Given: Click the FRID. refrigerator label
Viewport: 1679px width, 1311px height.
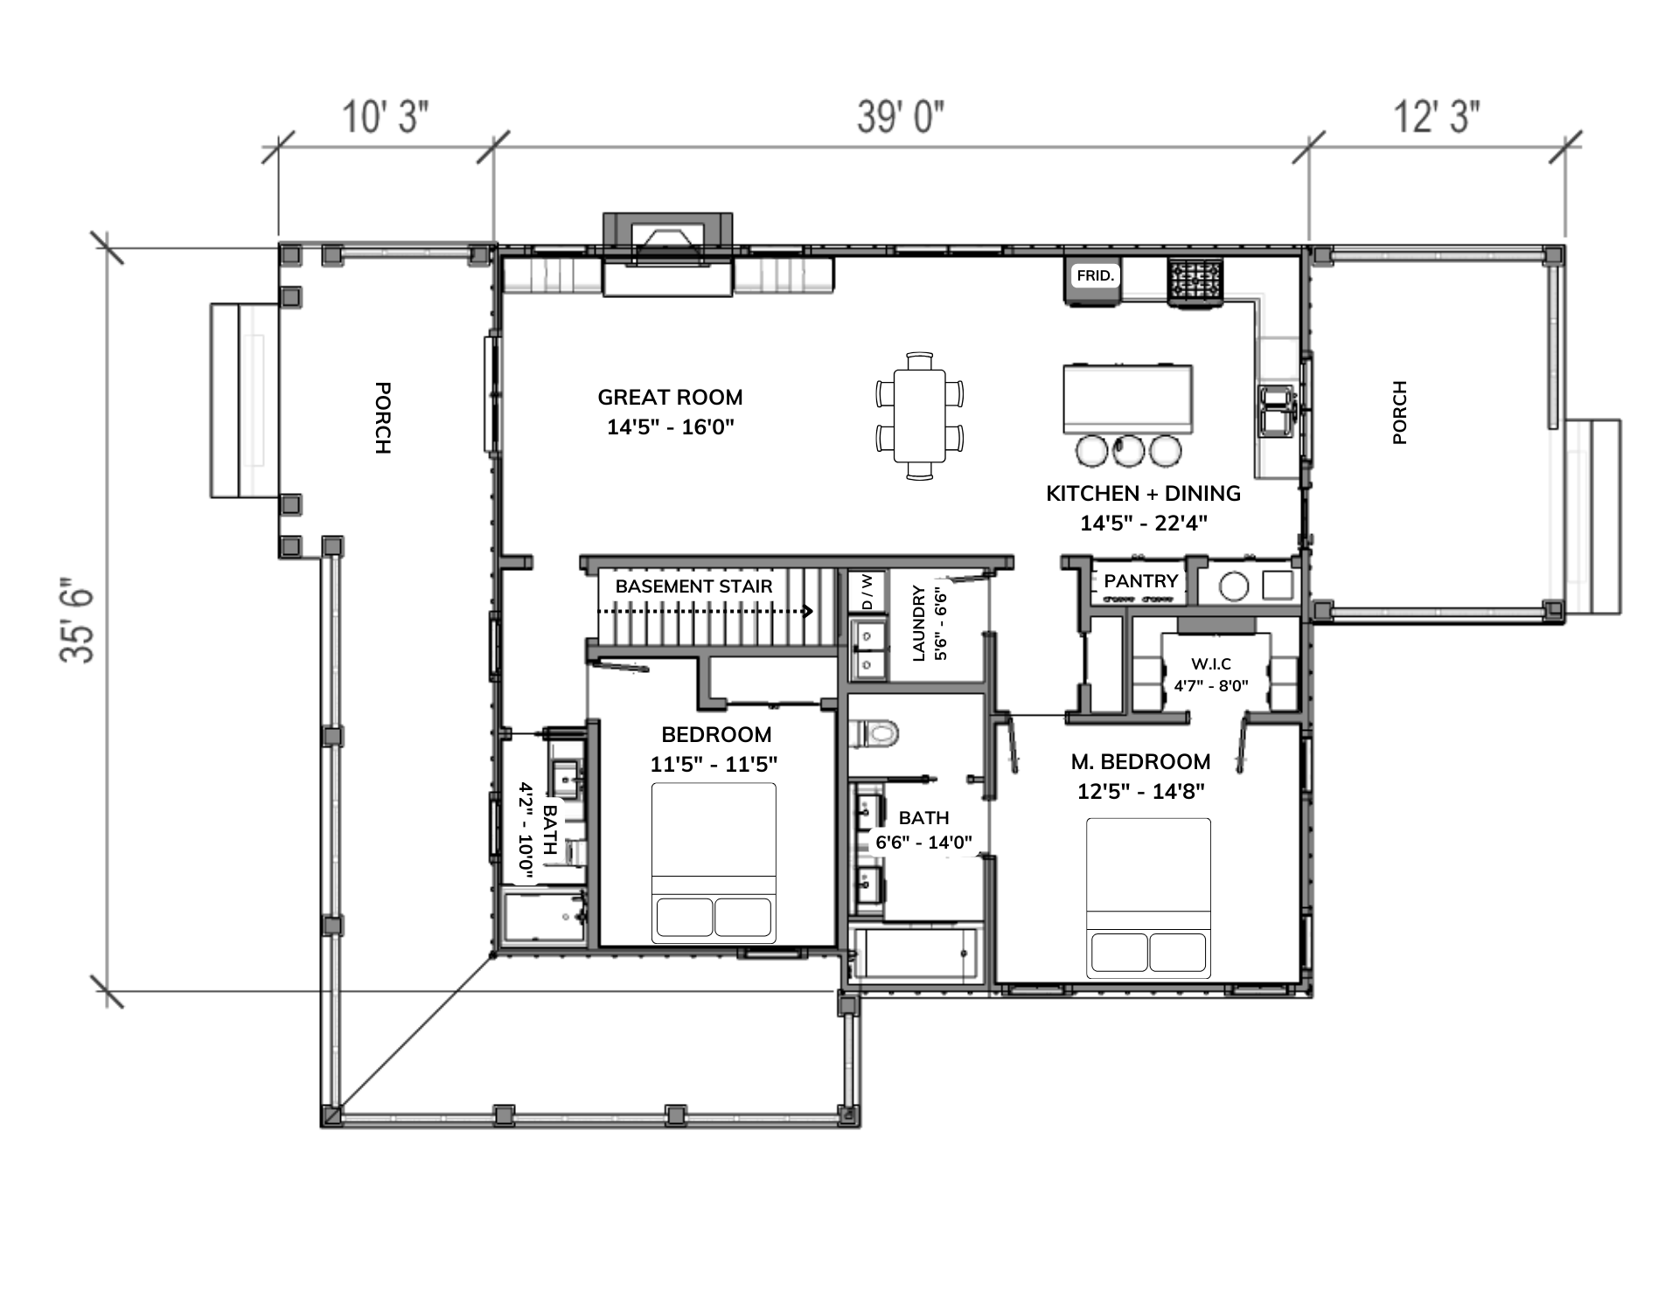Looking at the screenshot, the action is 1095,276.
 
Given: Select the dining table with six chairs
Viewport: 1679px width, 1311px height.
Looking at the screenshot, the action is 919,416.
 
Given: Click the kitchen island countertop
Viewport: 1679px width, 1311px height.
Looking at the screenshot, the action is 1128,399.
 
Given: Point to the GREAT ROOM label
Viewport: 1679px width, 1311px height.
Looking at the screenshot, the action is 670,398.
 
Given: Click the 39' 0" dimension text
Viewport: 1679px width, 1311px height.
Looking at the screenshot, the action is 901,116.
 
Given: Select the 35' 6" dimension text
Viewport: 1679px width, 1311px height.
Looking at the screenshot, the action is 77,621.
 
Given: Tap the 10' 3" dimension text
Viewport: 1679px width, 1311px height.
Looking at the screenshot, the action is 386,116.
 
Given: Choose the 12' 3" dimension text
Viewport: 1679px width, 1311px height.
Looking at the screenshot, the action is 1437,116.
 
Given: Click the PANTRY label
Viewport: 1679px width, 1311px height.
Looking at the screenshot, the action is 1141,581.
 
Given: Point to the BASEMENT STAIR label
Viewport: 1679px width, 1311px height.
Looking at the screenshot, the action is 693,586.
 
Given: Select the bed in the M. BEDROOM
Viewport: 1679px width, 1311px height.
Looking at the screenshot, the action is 1148,898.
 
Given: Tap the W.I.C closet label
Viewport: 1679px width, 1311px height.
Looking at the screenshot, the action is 1211,664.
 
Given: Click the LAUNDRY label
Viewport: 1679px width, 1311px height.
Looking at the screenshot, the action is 918,623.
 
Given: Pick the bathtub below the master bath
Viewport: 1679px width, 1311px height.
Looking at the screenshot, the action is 915,955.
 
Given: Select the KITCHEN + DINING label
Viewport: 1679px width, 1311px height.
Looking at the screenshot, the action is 1143,494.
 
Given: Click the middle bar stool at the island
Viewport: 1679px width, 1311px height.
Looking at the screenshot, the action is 1128,450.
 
